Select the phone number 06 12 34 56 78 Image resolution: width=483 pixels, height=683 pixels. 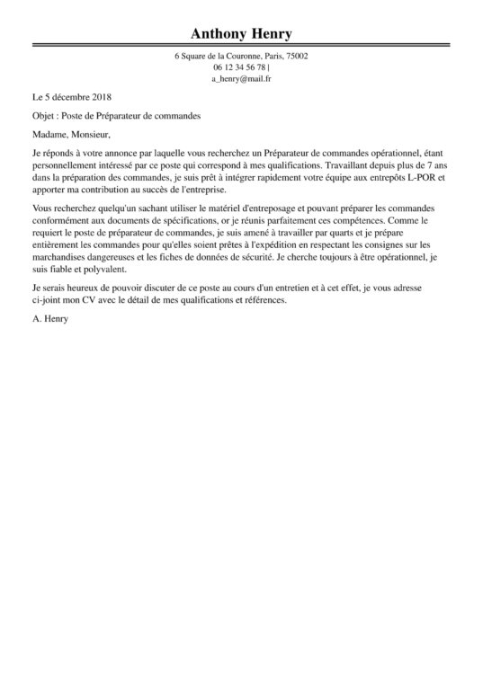pyautogui.click(x=239, y=67)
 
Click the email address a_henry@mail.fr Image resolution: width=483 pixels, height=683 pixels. pyautogui.click(x=241, y=79)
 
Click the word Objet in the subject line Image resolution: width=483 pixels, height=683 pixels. pyautogui.click(x=41, y=116)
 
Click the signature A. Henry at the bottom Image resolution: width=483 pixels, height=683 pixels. pyautogui.click(x=49, y=319)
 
